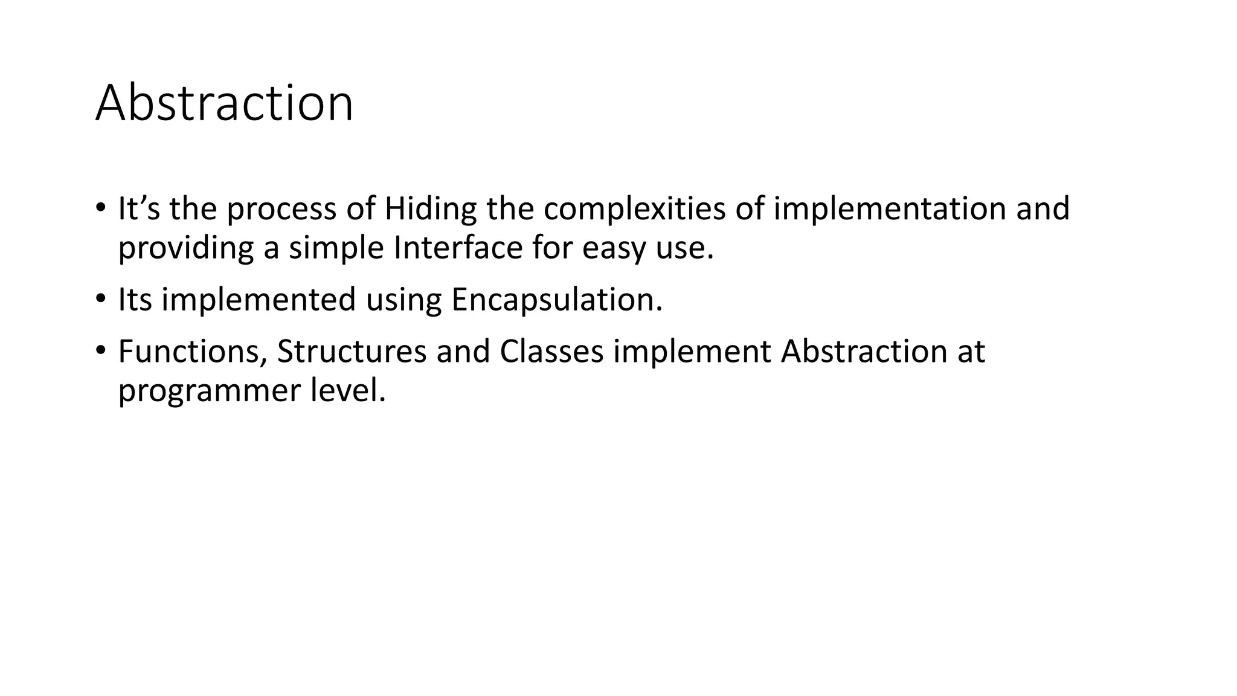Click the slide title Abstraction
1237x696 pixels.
point(224,103)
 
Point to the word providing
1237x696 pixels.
point(185,248)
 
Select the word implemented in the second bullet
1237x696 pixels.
point(259,300)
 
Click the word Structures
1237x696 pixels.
point(352,352)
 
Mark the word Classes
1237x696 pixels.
point(551,352)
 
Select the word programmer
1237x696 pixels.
point(209,391)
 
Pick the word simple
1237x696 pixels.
point(336,248)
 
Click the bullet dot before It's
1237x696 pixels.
point(100,207)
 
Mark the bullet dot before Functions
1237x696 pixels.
point(100,350)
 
